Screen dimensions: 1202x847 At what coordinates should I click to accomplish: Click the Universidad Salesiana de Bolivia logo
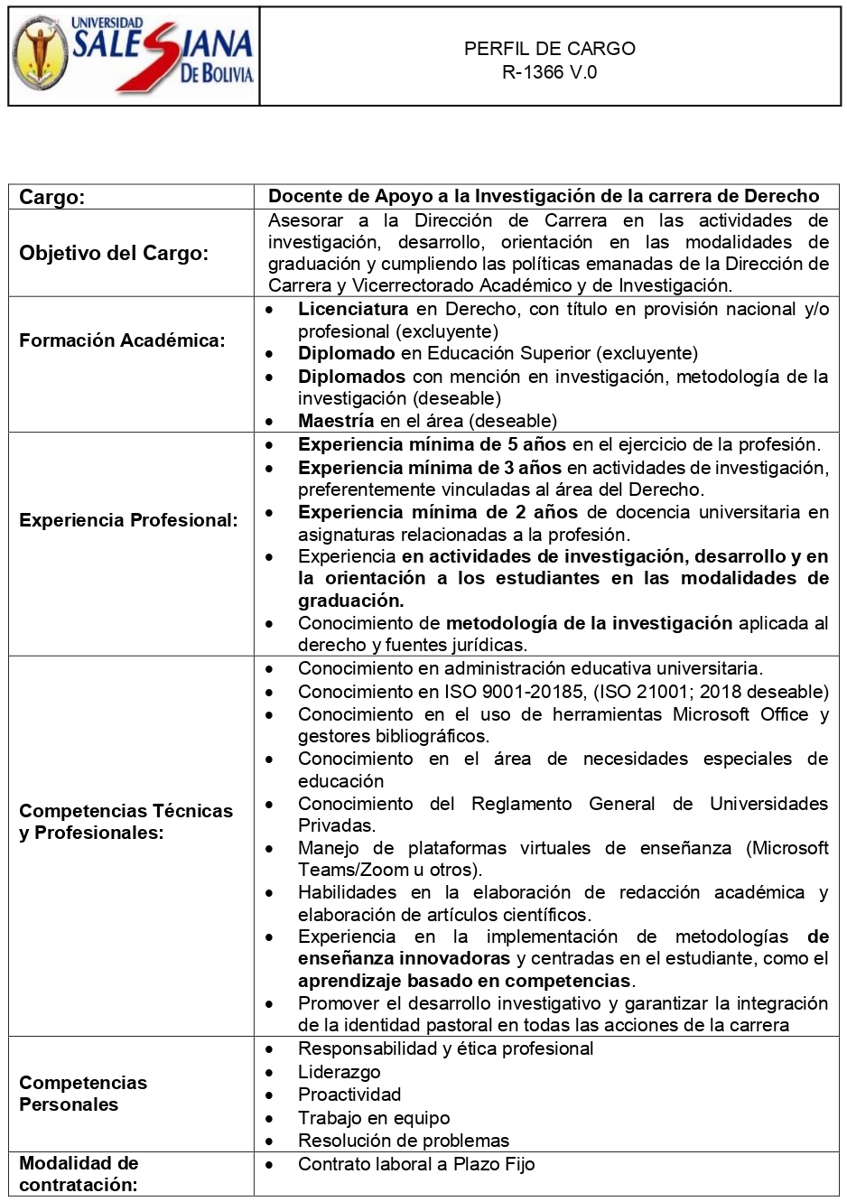[134, 56]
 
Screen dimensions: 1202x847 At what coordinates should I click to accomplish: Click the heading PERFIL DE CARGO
[549, 49]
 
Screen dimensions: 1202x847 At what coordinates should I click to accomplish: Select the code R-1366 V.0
[549, 72]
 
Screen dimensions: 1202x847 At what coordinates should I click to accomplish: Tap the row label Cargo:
[52, 197]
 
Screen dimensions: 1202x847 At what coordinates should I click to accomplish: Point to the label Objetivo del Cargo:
[114, 253]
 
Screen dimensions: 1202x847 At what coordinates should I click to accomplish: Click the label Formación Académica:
[122, 340]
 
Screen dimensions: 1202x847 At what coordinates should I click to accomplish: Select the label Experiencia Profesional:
[128, 520]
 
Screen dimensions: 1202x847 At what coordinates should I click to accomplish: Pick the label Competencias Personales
[83, 1093]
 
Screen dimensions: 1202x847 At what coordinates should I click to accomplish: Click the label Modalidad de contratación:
[79, 1173]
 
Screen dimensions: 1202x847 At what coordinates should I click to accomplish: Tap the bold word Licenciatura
[353, 309]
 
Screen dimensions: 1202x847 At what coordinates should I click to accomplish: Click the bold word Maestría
[336, 421]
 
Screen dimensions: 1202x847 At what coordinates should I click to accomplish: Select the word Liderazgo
[340, 1072]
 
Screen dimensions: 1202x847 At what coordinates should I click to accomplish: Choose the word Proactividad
[349, 1095]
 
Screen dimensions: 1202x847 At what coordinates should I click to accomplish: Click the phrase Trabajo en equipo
[374, 1118]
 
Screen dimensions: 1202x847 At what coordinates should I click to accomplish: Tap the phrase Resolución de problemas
[404, 1141]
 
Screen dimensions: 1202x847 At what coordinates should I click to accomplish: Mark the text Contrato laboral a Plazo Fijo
[416, 1164]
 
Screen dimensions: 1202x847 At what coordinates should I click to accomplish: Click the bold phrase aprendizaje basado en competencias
[465, 981]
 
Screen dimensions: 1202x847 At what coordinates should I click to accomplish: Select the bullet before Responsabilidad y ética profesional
[270, 1049]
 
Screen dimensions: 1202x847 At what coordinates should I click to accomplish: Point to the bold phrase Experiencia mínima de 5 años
[432, 444]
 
